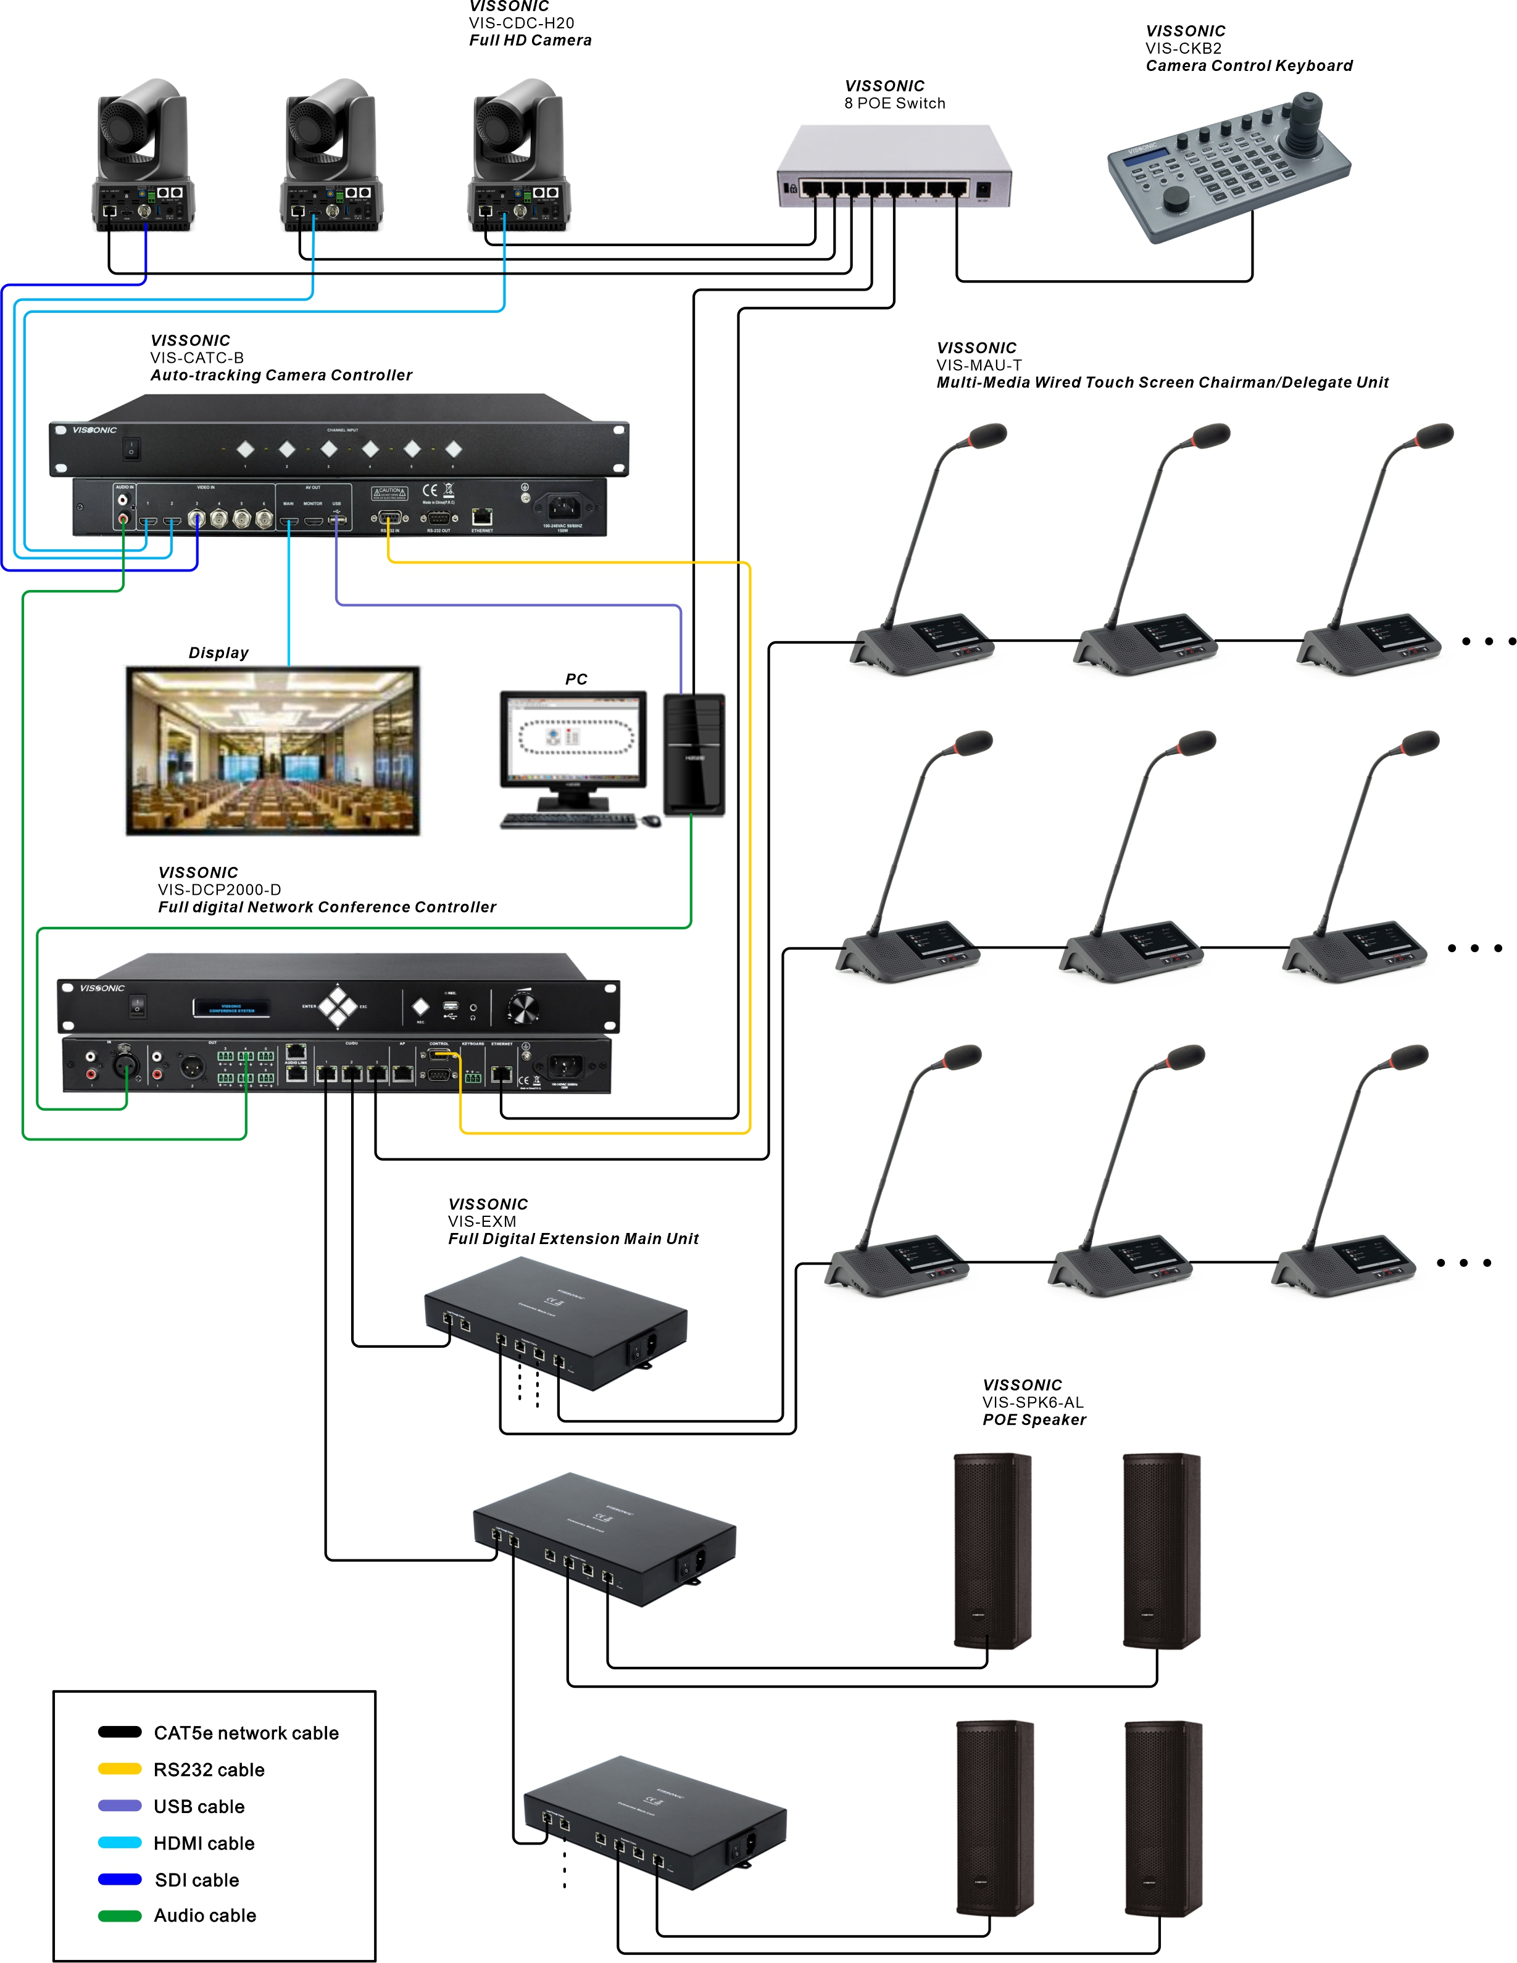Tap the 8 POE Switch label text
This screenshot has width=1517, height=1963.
[x=894, y=103]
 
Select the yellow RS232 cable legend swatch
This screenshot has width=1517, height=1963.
[x=120, y=1769]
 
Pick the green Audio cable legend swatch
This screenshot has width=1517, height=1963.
[x=120, y=1915]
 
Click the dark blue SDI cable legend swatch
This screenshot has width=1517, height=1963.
[x=120, y=1878]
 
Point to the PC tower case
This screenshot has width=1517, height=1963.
[x=694, y=755]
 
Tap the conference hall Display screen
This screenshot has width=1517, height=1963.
[x=273, y=750]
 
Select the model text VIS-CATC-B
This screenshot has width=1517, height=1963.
[x=197, y=358]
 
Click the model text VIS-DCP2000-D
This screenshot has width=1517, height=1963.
[x=219, y=890]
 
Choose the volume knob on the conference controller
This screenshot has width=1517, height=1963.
[x=522, y=1008]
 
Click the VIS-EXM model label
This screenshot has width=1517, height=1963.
[x=482, y=1221]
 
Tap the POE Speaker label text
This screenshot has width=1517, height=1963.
[x=1034, y=1420]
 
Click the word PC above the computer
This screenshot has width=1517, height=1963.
[x=576, y=679]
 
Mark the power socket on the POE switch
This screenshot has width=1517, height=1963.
[x=983, y=189]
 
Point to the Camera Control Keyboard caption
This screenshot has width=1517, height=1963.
[x=1249, y=65]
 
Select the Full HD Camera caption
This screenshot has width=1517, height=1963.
[x=530, y=41]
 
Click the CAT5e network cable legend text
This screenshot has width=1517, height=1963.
[x=246, y=1733]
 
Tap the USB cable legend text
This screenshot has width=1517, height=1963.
[x=199, y=1807]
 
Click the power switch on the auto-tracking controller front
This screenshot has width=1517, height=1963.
[x=132, y=447]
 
